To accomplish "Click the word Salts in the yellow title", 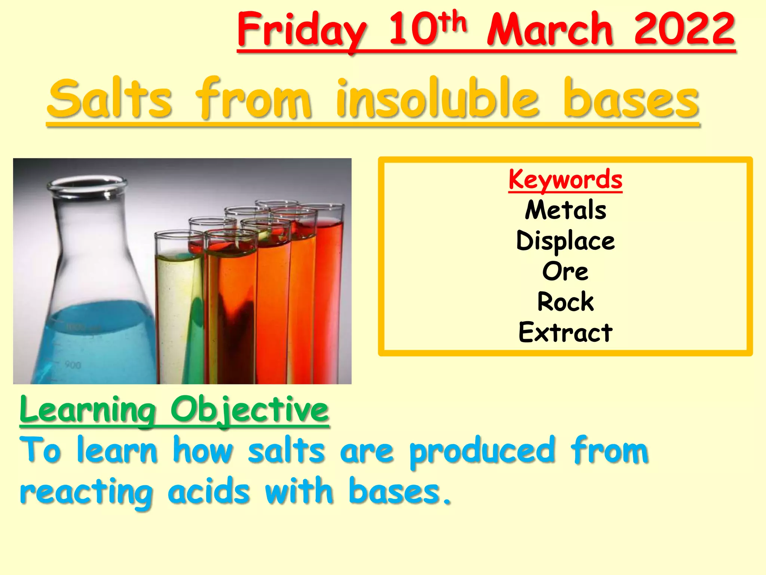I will tap(110, 98).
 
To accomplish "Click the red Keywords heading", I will tap(565, 180).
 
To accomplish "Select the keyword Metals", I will tap(565, 210).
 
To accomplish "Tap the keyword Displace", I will tap(565, 241).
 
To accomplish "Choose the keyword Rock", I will tap(565, 302).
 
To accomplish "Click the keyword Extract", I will tap(565, 332).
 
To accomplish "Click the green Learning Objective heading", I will tap(174, 410).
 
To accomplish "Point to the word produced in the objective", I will tap(482, 451).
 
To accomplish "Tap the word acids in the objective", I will tap(208, 491).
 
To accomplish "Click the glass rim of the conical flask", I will tap(87, 184).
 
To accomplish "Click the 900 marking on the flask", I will tap(73, 365).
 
